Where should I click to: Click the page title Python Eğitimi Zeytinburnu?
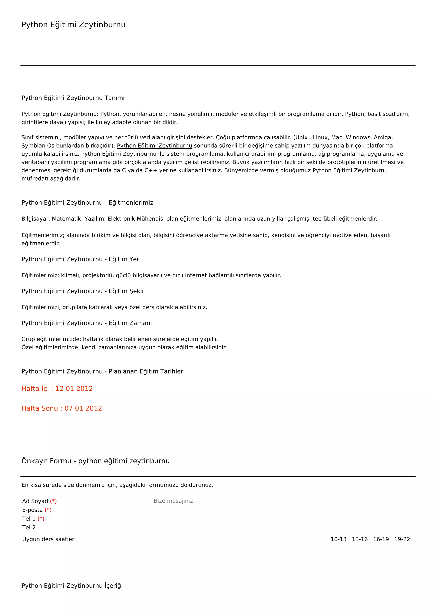tap(73, 25)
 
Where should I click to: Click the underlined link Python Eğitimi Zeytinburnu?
tap(154, 146)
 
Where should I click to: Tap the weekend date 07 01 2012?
tap(83, 408)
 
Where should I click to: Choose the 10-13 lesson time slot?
tap(338, 539)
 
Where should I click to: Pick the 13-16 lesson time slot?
tap(360, 539)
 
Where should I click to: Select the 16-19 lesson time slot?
tap(381, 539)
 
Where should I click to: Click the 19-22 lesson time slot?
tap(402, 539)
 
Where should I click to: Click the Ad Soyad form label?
tap(35, 501)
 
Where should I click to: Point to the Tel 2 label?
tap(29, 528)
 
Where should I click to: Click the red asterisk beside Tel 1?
tap(41, 519)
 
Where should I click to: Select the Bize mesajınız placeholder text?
tap(173, 501)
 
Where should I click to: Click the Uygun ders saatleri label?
tap(49, 539)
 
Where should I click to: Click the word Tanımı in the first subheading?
tap(114, 98)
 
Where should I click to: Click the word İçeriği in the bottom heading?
tap(113, 586)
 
